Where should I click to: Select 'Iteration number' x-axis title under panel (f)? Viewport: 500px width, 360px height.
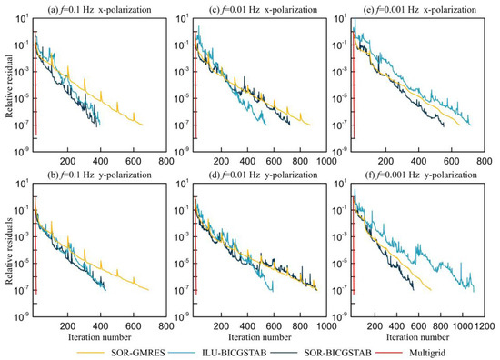point(420,336)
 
